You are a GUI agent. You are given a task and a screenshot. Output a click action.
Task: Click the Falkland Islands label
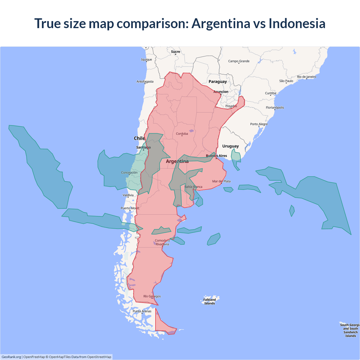point(210,301)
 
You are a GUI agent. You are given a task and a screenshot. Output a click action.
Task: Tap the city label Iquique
point(147,60)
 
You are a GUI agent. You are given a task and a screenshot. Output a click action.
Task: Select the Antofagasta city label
point(145,82)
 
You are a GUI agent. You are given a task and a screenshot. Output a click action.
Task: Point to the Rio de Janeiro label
point(307,77)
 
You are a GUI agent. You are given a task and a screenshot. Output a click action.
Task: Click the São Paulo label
point(286,81)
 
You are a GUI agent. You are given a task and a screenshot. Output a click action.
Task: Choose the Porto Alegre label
point(259,124)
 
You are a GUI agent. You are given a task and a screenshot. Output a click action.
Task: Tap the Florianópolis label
point(275,107)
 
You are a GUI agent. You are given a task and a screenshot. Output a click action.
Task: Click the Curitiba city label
point(271,93)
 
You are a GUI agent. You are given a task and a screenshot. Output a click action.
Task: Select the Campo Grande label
point(239,61)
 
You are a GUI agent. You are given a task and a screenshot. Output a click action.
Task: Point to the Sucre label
point(175,52)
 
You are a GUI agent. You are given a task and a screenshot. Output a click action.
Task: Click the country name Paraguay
point(218,82)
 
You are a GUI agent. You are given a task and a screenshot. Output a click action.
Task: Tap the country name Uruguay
point(230,146)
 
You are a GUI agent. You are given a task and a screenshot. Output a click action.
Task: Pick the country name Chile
point(139,138)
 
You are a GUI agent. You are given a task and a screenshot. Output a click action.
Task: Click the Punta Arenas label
point(142,311)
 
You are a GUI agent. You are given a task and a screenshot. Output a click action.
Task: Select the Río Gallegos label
point(152,296)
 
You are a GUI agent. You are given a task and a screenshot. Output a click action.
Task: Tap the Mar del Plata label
point(221,181)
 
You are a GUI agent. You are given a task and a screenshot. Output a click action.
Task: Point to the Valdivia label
point(128,195)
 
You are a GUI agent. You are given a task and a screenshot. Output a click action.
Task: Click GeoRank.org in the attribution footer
point(11,357)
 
